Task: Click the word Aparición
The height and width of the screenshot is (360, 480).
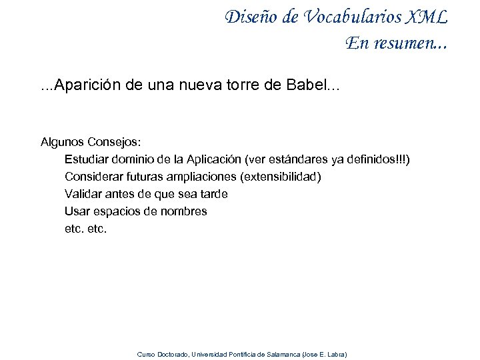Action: click(87, 85)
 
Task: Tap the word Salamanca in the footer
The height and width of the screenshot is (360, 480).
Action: click(283, 354)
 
